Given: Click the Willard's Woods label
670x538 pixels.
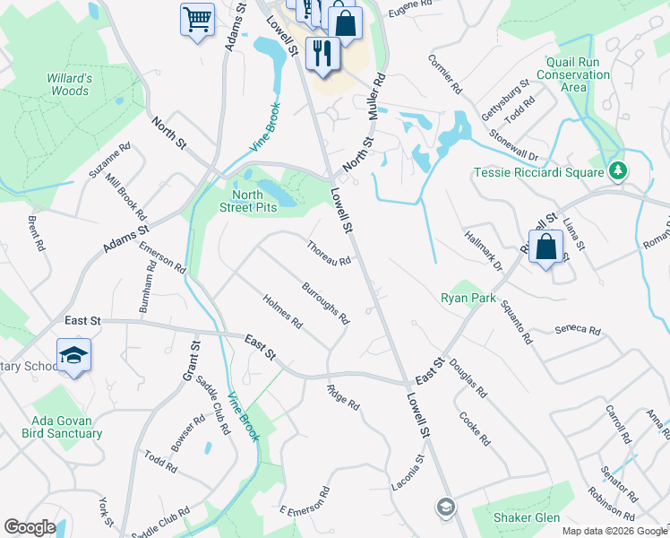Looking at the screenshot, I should [x=68, y=84].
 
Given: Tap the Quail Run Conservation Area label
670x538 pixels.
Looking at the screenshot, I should [x=573, y=75].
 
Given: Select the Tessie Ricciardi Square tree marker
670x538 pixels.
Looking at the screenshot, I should [x=616, y=170].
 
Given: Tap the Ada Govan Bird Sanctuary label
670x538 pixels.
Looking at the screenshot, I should [x=62, y=427].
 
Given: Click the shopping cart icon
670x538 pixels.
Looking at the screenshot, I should [x=197, y=18].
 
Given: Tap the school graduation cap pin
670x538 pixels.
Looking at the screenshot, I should [x=73, y=354].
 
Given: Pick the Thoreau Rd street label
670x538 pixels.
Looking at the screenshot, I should [x=327, y=254].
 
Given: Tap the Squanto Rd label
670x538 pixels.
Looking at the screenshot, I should [x=516, y=322].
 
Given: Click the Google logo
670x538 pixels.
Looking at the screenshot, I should [x=30, y=527].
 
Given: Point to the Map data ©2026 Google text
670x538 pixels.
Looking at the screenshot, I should [x=614, y=531].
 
